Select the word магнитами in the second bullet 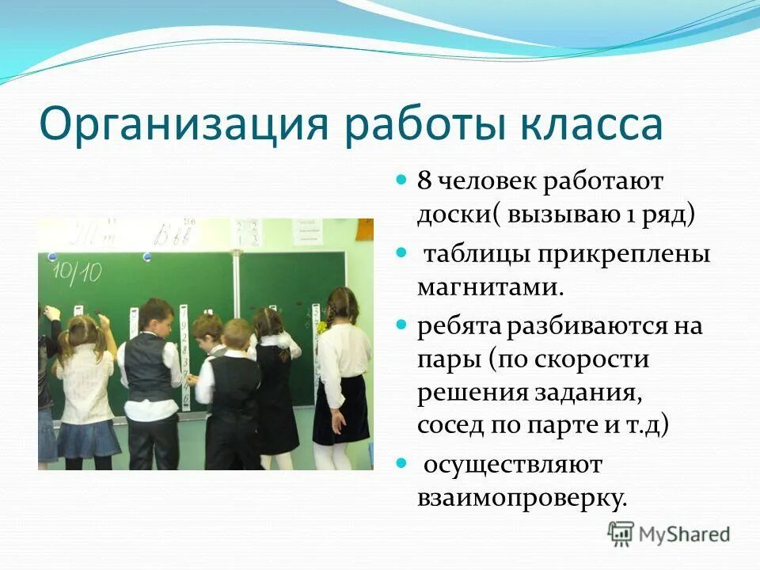tap(491, 287)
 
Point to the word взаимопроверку tap(522, 496)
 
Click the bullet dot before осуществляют tap(401, 461)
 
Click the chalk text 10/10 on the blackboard tap(77, 271)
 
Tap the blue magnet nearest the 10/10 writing tap(52, 256)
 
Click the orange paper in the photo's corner tap(364, 229)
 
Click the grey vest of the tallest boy tap(149, 368)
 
